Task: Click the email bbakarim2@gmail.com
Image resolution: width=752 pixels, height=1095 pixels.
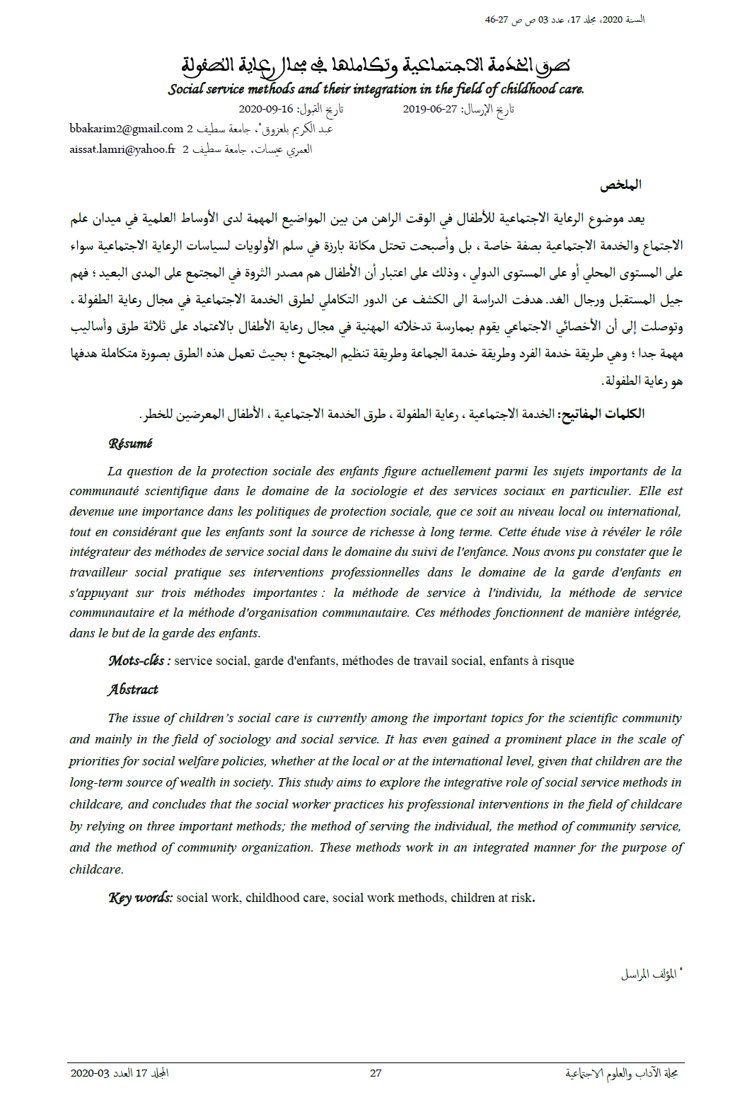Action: [126, 129]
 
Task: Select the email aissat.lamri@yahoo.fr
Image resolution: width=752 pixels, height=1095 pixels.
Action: [122, 149]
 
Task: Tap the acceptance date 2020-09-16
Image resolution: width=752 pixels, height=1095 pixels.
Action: [265, 109]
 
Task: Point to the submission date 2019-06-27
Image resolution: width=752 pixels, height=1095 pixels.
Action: [429, 109]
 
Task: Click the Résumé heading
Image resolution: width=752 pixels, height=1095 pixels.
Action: [130, 444]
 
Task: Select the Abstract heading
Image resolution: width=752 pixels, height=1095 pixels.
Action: [133, 690]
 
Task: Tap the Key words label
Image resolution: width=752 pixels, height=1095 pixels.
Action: [140, 898]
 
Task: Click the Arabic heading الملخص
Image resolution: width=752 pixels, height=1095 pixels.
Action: [620, 185]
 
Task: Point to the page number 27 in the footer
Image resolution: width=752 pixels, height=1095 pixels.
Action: [376, 1073]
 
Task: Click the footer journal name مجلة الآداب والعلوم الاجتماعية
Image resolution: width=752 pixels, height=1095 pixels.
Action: [622, 1073]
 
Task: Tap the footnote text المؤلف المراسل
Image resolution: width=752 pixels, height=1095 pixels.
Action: [648, 975]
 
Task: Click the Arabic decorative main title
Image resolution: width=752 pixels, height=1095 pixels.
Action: [376, 65]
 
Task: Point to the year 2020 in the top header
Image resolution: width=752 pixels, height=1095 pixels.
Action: [613, 20]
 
